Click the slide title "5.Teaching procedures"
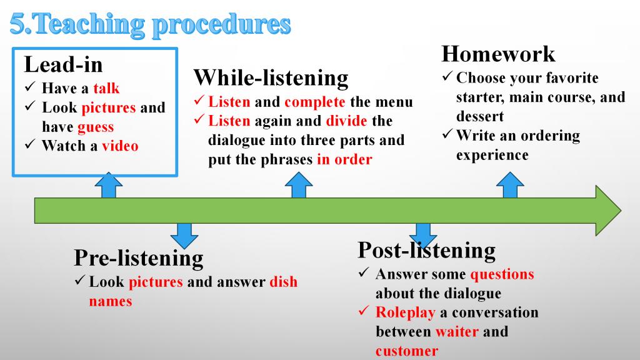[x=150, y=25]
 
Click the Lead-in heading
[x=63, y=64]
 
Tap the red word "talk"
[x=106, y=88]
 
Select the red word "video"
[x=120, y=146]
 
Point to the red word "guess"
[x=96, y=127]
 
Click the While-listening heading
[x=271, y=77]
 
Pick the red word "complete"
[x=315, y=102]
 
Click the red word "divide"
[x=346, y=121]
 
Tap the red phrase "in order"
[x=344, y=159]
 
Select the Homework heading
[x=498, y=54]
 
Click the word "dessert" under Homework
[x=480, y=116]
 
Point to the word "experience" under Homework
[x=492, y=156]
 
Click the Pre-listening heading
[x=139, y=258]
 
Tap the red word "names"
[x=111, y=301]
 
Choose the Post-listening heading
[x=427, y=250]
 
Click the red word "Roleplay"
[x=405, y=312]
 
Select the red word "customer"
[x=406, y=351]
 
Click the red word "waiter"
[x=457, y=331]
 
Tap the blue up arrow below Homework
[x=510, y=185]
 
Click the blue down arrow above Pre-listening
[x=184, y=236]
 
